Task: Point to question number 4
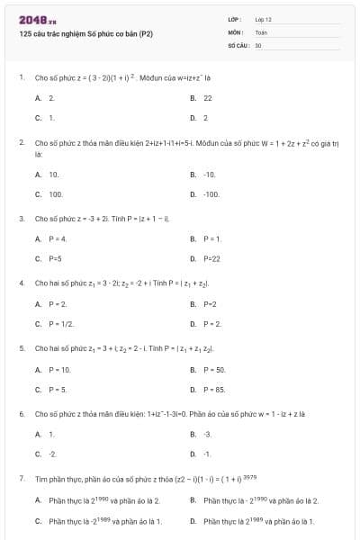21,283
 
